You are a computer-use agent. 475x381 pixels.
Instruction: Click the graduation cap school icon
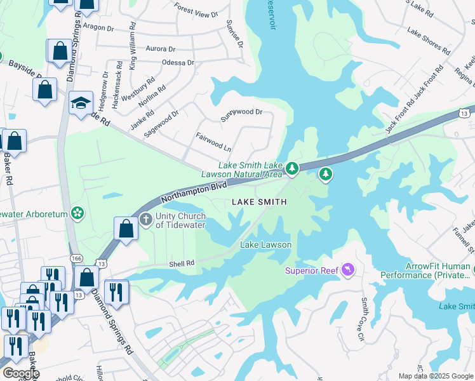81,103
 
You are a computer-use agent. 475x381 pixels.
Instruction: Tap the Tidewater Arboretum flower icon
77,213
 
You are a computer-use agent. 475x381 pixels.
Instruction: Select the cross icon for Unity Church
146,220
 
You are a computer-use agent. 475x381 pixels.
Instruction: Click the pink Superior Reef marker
347,271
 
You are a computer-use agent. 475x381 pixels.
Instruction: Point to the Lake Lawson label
265,244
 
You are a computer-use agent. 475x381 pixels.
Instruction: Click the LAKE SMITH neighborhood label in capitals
259,202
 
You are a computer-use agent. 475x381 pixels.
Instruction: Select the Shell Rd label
181,261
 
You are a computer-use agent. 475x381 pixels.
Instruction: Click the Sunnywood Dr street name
241,112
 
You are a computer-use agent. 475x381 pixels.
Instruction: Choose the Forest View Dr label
196,10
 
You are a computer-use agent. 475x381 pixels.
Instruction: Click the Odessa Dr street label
178,63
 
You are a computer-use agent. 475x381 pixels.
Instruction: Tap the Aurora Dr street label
160,49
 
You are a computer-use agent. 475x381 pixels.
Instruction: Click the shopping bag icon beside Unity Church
126,229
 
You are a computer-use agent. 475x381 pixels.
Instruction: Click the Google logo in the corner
20,373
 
